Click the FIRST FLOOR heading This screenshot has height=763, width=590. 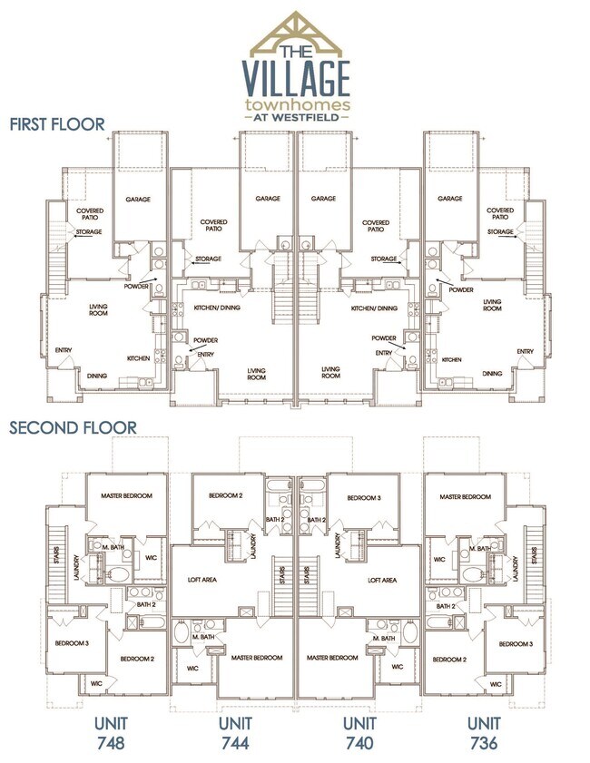click(x=57, y=123)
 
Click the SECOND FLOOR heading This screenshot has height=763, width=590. click(x=74, y=426)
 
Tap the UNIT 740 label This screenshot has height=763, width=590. click(x=360, y=732)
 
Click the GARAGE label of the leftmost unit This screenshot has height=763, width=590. click(x=139, y=199)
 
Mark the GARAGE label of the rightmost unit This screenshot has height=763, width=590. click(x=450, y=199)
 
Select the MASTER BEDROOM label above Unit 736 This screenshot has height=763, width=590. click(x=465, y=496)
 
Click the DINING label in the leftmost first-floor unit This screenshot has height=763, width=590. click(x=96, y=374)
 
